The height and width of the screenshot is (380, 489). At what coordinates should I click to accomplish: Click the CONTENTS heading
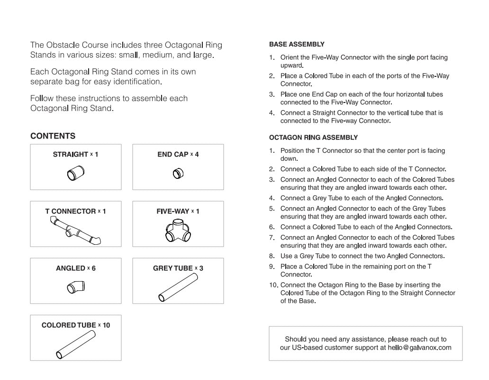click(53, 136)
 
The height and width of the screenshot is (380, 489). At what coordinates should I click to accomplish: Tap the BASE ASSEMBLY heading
click(297, 45)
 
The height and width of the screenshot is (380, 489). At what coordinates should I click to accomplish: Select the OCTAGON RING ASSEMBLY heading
click(313, 138)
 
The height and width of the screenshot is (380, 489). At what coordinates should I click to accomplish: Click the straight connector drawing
click(75, 173)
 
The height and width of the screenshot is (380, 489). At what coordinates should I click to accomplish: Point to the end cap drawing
click(178, 173)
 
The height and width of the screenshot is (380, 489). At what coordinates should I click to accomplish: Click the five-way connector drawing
click(178, 230)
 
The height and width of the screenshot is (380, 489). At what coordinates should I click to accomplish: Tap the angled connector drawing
click(76, 287)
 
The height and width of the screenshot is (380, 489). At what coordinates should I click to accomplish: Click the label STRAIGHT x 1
click(75, 155)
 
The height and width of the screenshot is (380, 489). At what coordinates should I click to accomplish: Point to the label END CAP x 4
click(178, 155)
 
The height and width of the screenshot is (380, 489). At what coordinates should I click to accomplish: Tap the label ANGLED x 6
click(75, 269)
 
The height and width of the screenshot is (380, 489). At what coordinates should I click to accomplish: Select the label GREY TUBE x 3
click(178, 269)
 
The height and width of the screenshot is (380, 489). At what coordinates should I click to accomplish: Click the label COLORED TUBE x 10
click(75, 325)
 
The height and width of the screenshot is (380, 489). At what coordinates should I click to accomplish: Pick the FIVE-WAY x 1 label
click(178, 212)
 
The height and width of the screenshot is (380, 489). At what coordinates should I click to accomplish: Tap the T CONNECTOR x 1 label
click(75, 212)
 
